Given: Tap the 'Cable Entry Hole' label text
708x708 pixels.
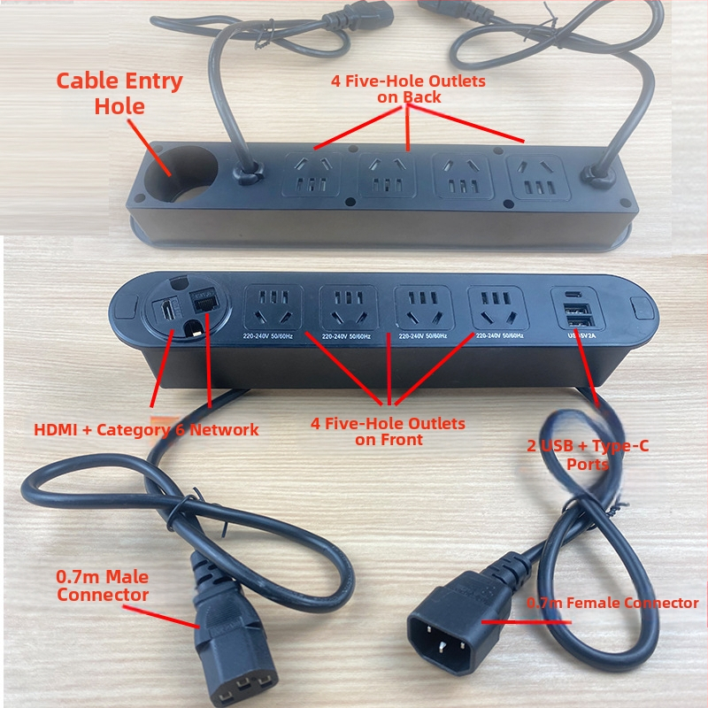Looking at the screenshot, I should tap(119, 94).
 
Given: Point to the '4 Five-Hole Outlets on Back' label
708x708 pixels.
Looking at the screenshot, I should tap(408, 88).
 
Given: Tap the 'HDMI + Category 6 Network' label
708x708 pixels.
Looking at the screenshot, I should tap(146, 430).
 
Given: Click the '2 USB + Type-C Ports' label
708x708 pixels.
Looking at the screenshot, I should tap(588, 454).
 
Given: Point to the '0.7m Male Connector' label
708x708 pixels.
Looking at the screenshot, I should tap(103, 586).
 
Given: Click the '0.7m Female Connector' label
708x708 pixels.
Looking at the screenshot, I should tap(612, 603).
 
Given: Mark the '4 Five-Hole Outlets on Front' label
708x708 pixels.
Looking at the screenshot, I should tap(388, 431).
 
